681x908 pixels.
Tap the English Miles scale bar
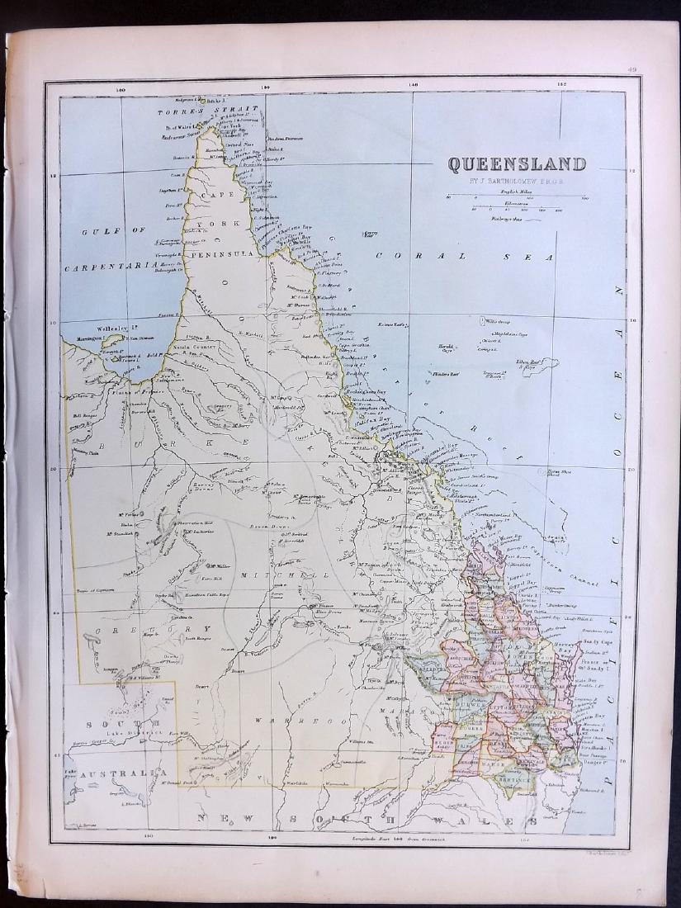[x=517, y=198]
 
